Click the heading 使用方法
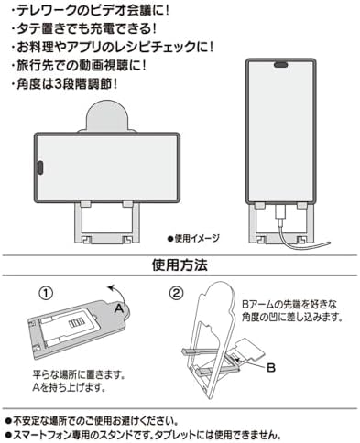179,266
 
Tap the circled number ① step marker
44,295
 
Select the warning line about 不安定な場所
101,415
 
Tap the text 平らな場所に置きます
69,374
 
